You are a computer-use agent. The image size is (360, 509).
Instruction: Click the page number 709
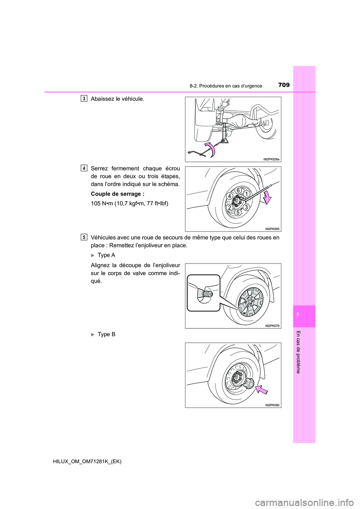[x=284, y=85]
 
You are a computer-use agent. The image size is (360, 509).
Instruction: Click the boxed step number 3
[x=84, y=99]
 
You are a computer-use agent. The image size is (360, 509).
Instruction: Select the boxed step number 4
[x=84, y=168]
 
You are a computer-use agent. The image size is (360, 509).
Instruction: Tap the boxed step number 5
[x=84, y=237]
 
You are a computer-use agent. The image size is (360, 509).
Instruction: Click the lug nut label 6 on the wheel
[x=238, y=190]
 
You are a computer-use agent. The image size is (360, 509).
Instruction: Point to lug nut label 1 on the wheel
[x=246, y=194]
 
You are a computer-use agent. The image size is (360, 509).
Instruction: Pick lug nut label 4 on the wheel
[x=229, y=196]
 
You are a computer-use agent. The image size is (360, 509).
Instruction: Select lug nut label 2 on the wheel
[x=229, y=208]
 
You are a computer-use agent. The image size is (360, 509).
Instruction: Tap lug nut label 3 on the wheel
[x=246, y=207]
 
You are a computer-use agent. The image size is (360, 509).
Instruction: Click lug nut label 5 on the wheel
[x=238, y=213]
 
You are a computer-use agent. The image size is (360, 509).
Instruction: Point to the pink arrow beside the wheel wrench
[x=267, y=197]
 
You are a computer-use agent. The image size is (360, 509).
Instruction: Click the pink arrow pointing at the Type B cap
[x=262, y=390]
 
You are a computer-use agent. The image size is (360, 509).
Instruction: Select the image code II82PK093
[x=272, y=229]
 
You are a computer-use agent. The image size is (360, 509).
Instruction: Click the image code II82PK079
[x=272, y=326]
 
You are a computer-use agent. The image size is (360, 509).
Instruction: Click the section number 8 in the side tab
[x=298, y=314]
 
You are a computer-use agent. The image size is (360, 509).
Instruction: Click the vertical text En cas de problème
[x=298, y=352]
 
